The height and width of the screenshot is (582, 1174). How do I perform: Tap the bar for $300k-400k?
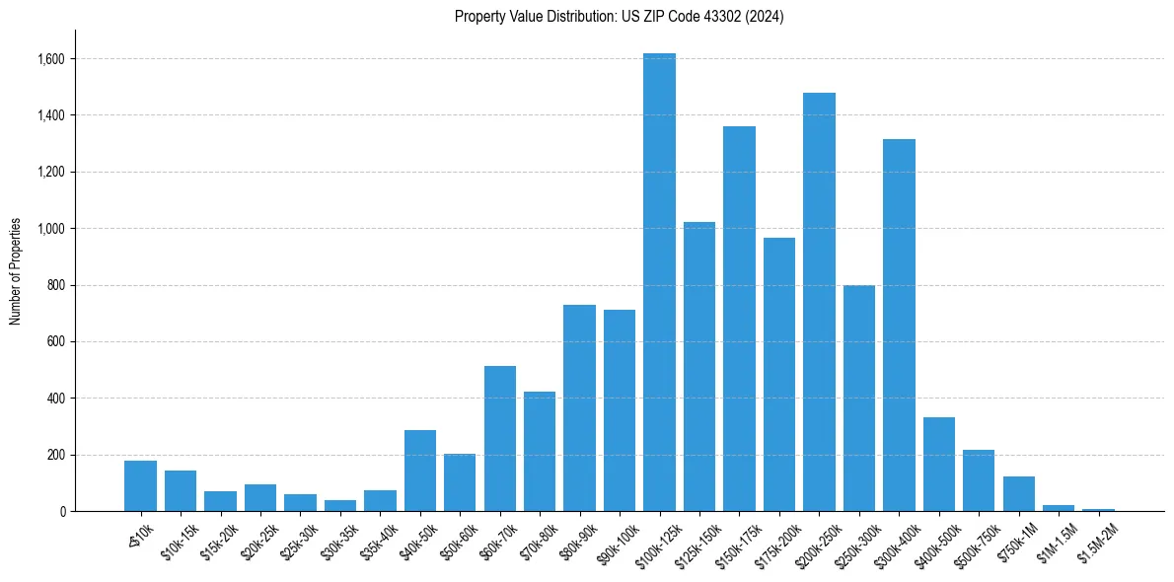899,326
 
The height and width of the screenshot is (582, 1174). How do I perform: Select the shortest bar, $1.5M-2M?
1098,509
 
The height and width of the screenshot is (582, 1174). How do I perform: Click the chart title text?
620,17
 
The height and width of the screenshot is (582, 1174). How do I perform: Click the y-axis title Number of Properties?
16,271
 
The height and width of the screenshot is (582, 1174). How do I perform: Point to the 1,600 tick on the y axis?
50,59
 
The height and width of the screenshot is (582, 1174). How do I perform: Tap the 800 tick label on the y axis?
55,285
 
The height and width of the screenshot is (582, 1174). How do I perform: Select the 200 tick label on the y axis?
55,455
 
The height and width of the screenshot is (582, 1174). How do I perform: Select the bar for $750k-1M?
1019,494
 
